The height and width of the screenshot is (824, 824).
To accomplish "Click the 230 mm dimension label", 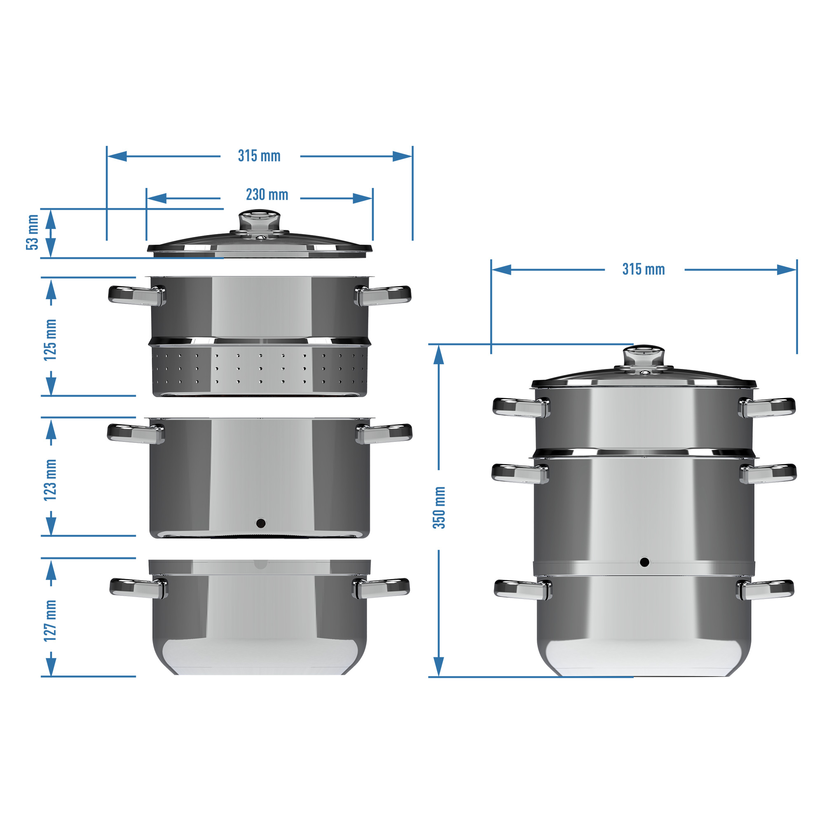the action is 267,195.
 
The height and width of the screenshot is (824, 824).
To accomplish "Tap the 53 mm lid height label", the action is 33,232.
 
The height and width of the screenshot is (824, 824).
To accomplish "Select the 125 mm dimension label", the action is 50,339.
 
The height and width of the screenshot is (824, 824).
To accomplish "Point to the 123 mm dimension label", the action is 50,480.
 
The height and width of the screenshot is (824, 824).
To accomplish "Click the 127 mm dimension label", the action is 50,620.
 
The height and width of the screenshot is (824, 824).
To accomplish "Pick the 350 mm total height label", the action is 439,508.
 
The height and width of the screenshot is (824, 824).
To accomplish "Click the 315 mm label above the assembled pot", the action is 644,269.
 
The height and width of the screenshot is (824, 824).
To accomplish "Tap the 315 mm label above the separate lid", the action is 259,156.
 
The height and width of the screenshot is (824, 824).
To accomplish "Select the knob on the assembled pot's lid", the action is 644,356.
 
